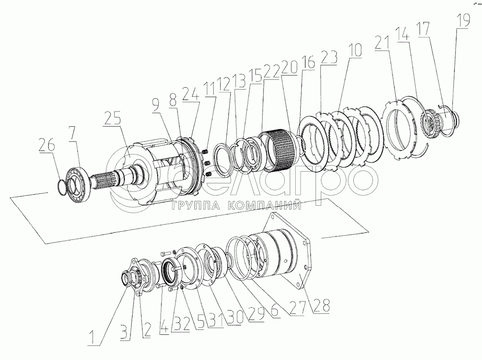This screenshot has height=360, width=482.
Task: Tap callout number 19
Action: point(463,21)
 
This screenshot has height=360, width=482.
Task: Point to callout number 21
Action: point(382,42)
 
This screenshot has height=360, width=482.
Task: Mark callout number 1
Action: point(94,337)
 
